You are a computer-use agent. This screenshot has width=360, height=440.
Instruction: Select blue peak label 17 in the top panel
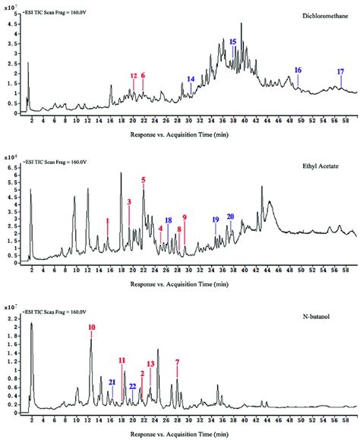tap(340, 71)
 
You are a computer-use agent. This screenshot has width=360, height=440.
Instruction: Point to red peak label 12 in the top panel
tap(134, 76)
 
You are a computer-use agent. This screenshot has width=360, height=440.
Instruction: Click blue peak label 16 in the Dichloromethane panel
tap(298, 70)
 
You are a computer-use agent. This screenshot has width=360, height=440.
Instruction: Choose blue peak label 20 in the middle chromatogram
tap(231, 217)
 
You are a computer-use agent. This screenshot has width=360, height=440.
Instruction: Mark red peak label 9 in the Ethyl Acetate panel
tap(185, 217)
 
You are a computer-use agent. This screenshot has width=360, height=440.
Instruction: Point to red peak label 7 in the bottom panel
tap(178, 362)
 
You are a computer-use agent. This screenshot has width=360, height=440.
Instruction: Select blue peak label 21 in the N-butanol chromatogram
tap(112, 381)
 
